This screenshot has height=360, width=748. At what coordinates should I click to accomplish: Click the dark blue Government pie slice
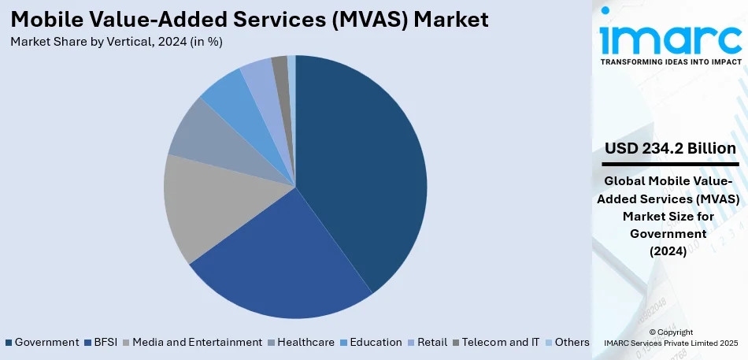pos(362,165)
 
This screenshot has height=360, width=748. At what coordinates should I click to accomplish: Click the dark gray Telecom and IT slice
pos(280,69)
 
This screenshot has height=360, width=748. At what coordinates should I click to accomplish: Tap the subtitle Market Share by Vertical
pos(117,42)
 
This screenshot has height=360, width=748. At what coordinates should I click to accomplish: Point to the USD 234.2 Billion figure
pos(670,148)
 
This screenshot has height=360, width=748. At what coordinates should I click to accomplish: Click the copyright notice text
pos(671,337)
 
